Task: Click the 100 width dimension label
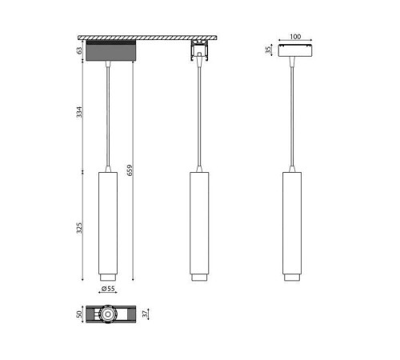(x=294, y=37)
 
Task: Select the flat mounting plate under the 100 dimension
(x=294, y=50)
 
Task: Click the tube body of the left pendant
(x=106, y=219)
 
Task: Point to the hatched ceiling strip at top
(x=152, y=37)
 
